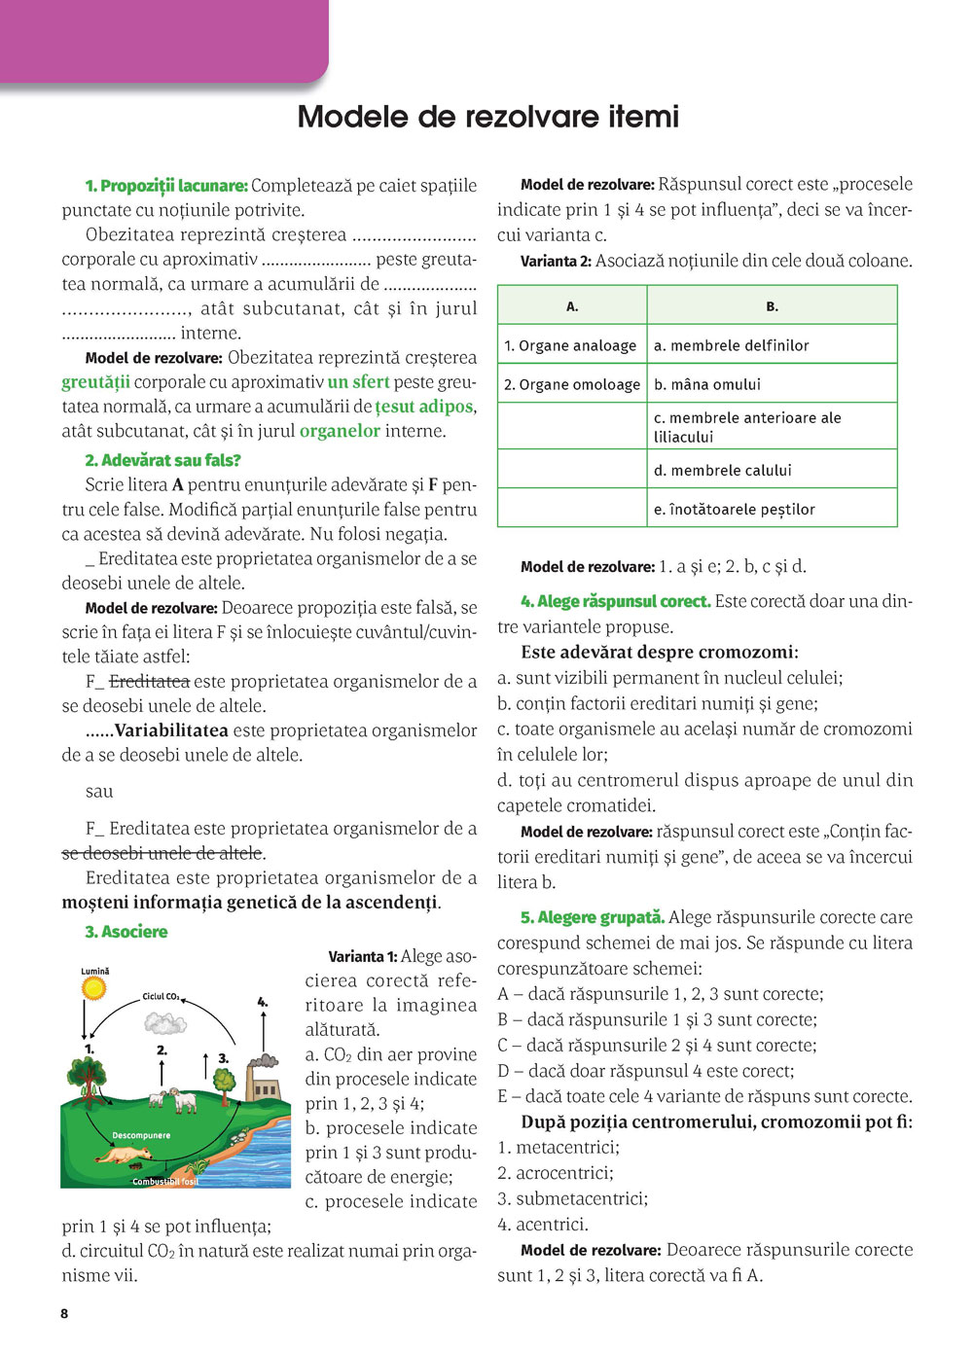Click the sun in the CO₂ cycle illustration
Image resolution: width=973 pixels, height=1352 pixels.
click(x=93, y=988)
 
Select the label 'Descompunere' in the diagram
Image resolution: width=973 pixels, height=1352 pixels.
click(x=141, y=1135)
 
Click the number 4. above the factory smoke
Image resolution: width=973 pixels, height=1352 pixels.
click(x=262, y=1001)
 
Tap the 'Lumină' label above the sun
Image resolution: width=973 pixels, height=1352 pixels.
click(x=95, y=971)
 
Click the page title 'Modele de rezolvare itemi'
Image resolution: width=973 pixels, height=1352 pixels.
click(x=487, y=117)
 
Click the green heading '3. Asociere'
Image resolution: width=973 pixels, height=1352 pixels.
click(x=126, y=932)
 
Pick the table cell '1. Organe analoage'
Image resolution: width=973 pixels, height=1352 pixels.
click(x=570, y=345)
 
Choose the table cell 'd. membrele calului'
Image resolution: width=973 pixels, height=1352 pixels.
click(x=722, y=470)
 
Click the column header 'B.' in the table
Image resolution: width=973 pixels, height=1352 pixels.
click(x=772, y=306)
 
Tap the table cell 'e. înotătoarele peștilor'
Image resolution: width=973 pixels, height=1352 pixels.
click(x=734, y=509)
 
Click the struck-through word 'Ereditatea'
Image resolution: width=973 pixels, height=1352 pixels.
click(x=149, y=681)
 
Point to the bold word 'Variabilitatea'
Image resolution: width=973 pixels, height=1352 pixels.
click(x=171, y=729)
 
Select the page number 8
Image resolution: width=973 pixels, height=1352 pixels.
click(x=65, y=1313)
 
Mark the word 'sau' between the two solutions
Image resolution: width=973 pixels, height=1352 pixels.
click(x=99, y=791)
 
